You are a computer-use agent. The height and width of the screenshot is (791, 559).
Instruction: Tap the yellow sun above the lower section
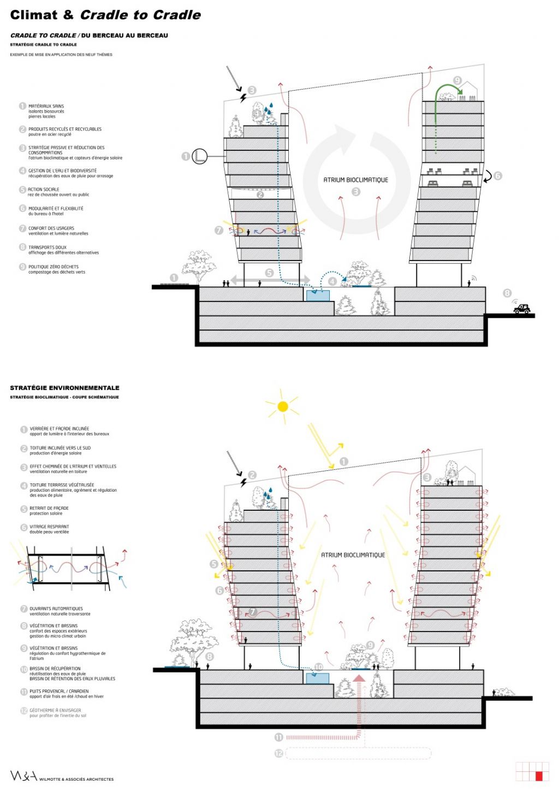pyautogui.click(x=282, y=406)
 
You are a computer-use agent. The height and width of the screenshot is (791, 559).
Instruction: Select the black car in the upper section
pyautogui.click(x=522, y=309)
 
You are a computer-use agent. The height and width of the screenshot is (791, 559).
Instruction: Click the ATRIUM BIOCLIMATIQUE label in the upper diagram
pyautogui.click(x=355, y=180)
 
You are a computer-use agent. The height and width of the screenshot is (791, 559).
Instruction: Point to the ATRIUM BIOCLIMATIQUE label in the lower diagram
pyautogui.click(x=353, y=555)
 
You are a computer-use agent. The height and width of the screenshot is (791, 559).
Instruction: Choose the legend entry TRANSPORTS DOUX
pyautogui.click(x=47, y=247)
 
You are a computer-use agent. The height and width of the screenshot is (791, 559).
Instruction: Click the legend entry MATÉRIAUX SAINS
pyautogui.click(x=46, y=106)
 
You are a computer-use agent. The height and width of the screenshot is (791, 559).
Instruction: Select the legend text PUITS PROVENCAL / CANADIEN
pyautogui.click(x=59, y=691)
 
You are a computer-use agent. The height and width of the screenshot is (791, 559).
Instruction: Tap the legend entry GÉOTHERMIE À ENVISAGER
pyautogui.click(x=55, y=710)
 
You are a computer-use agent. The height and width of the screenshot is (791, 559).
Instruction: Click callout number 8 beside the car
pyautogui.click(x=507, y=293)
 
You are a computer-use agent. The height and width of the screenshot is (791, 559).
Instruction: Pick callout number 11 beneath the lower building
pyautogui.click(x=278, y=737)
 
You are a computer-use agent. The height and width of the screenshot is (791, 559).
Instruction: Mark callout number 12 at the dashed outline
pyautogui.click(x=278, y=753)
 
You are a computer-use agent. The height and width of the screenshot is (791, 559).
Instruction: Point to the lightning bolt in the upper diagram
pyautogui.click(x=243, y=98)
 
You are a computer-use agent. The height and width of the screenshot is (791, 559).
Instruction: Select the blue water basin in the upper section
pyautogui.click(x=318, y=296)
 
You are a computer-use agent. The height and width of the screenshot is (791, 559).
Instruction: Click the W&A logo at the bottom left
pyautogui.click(x=23, y=776)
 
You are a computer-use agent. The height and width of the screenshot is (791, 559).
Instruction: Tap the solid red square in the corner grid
pyautogui.click(x=539, y=776)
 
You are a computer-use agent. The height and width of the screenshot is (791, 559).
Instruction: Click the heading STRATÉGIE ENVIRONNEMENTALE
pyautogui.click(x=64, y=388)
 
